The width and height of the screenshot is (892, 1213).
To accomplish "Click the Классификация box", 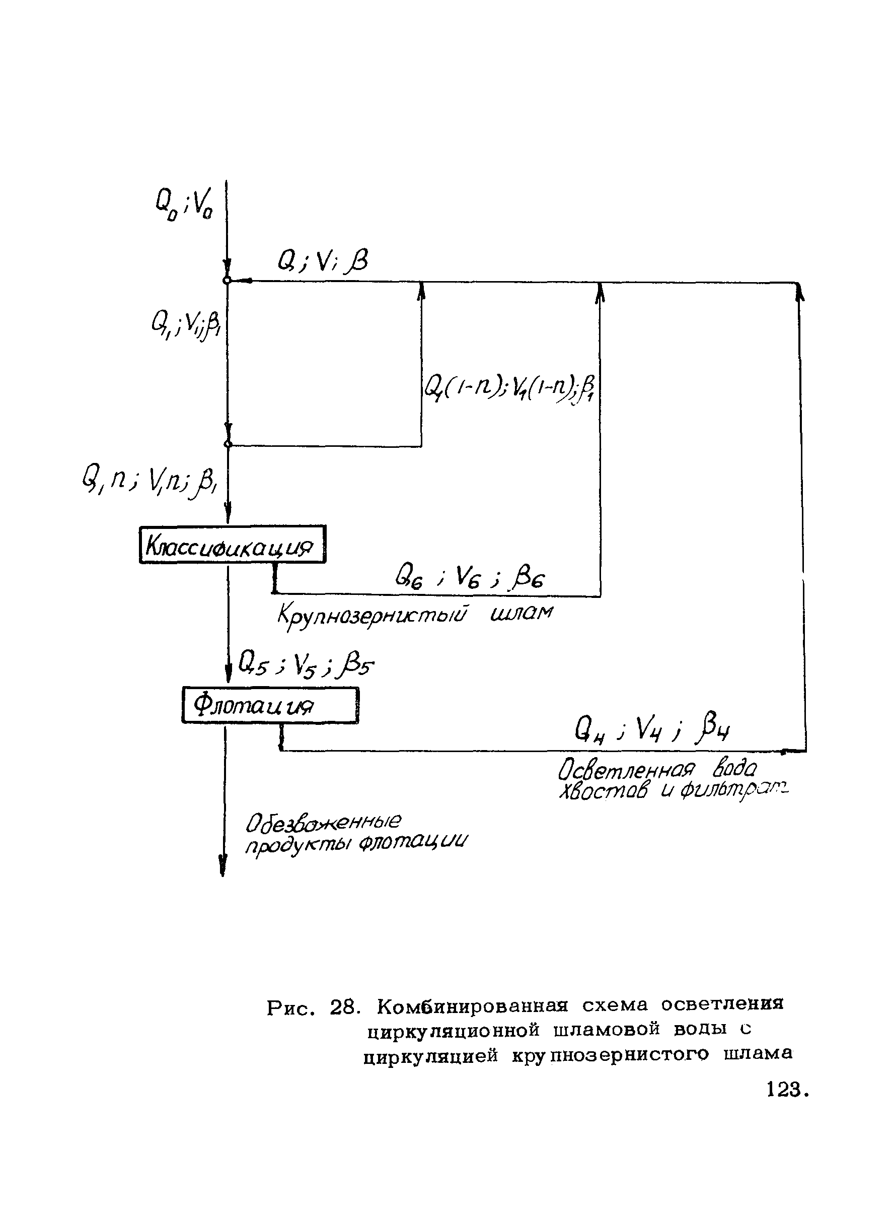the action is click(232, 545).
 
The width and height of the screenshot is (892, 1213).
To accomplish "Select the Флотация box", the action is click(270, 705).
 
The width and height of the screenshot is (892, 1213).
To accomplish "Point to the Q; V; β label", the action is click(322, 262).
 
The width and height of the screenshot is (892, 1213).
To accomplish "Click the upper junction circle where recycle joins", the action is click(228, 281).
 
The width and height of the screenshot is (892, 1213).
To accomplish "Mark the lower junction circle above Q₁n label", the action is click(228, 444).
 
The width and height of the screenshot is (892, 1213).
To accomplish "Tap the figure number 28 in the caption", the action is click(343, 1006).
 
